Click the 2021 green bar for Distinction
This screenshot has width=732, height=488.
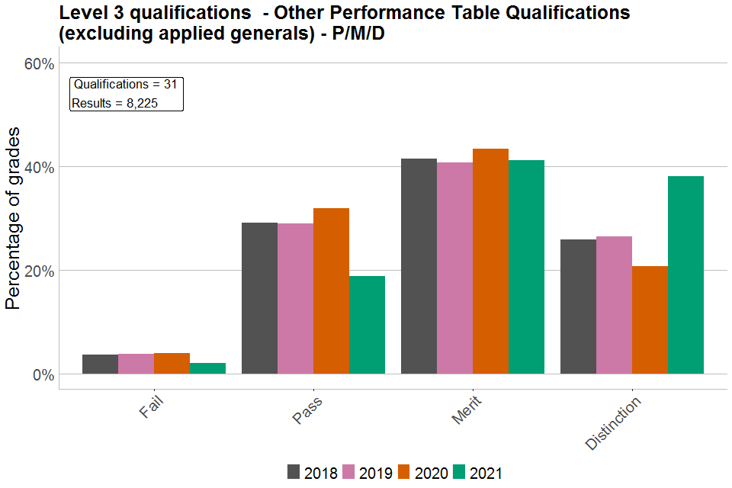685,275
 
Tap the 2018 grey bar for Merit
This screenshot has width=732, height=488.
419,266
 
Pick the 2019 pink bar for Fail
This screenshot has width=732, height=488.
136,364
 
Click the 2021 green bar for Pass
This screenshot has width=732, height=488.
367,325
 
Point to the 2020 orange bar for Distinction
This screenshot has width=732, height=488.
650,320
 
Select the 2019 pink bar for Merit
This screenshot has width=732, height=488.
454,268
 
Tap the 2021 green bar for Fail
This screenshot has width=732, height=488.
207,368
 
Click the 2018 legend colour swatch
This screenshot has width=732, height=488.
294,472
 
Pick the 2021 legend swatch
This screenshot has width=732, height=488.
460,472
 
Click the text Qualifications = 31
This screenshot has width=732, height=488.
126,85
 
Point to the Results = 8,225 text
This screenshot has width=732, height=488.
115,104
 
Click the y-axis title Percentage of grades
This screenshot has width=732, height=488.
13,219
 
